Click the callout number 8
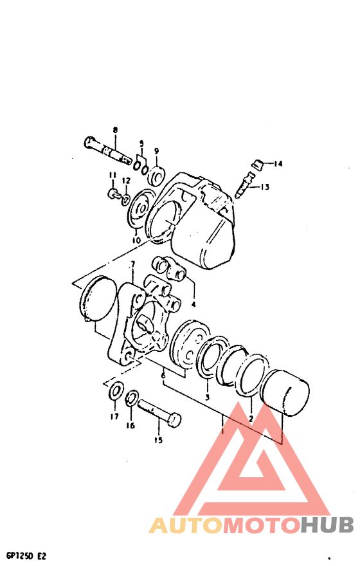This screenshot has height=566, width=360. [115, 131]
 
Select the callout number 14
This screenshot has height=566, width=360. [278, 164]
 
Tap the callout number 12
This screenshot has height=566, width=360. [127, 180]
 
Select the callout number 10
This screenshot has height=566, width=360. [136, 241]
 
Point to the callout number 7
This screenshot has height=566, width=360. [132, 264]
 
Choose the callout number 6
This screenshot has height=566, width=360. [163, 375]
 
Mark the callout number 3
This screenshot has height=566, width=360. [207, 397]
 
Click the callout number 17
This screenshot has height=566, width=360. [114, 417]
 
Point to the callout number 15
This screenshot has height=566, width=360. [157, 441]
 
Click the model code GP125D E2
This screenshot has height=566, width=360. [26, 554]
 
